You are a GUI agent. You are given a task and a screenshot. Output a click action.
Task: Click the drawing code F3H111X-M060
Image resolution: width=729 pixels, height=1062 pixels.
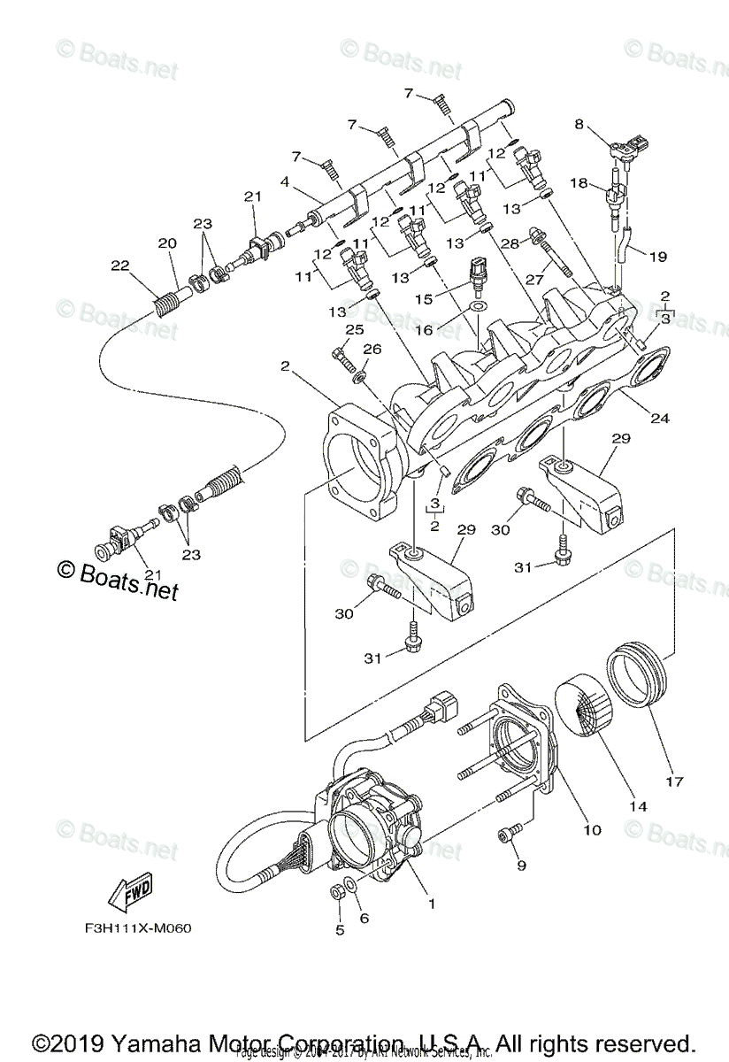coord(132,929)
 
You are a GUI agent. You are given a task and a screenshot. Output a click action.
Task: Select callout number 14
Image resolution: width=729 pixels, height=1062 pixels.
coord(638,807)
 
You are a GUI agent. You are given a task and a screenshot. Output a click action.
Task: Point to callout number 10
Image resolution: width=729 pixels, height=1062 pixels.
coord(592,829)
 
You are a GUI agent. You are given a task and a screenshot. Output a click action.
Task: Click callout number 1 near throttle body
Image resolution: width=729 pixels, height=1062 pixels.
coord(432,904)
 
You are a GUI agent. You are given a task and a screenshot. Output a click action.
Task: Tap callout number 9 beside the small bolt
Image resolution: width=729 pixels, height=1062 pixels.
coord(521,864)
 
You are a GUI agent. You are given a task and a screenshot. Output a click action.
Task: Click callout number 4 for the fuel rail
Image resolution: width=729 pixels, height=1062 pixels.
coord(284,181)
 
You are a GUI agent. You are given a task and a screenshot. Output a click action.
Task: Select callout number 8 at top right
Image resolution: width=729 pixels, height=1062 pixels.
coord(579,125)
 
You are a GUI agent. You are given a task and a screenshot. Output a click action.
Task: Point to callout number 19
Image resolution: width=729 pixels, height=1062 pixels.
coord(657,257)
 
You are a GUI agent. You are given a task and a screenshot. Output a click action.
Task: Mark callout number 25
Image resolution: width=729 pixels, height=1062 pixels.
coord(354,329)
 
